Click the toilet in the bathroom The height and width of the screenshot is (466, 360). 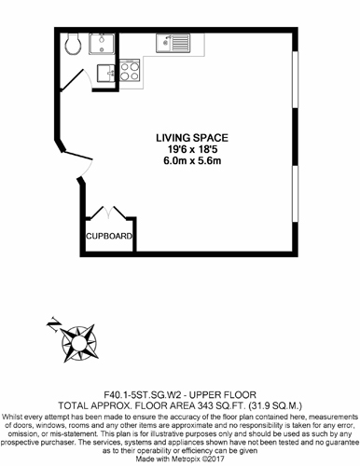coord(73,44)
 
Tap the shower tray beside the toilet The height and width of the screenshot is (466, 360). coord(102,44)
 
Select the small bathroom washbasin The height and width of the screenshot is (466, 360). coord(105,73)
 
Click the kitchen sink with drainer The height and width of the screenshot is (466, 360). coord(173,43)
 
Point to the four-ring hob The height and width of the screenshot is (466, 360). coord(130,71)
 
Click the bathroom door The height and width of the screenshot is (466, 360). coord(72,80)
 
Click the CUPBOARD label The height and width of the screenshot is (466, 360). coord(109,236)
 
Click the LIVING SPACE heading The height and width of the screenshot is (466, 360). coord(192,138)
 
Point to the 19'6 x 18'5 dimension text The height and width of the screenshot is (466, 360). coord(192,149)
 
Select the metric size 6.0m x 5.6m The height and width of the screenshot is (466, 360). coord(192,161)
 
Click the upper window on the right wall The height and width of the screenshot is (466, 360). coord(295,79)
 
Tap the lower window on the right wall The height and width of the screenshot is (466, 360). coord(295,194)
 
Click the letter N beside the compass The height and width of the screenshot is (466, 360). coord(53,324)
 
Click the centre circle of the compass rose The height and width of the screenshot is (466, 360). coord(78,343)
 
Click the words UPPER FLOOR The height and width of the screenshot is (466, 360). coord(223,395)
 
